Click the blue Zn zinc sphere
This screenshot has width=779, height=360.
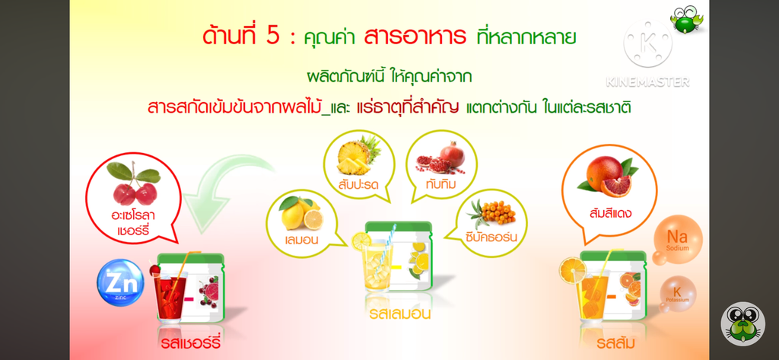[121, 283]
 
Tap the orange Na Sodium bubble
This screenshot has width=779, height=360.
[678, 239]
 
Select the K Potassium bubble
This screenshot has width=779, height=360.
[678, 294]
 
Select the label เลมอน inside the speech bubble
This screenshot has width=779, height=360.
[302, 240]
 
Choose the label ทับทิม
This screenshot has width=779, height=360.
[441, 185]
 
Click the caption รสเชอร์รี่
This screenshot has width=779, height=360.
[191, 343]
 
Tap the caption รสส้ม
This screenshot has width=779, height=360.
[615, 343]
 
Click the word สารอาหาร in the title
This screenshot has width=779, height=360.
[415, 37]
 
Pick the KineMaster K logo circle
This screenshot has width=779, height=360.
[647, 43]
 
